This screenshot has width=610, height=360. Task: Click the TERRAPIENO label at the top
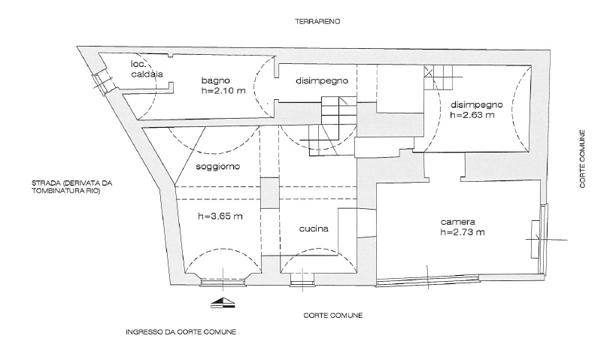(317, 23)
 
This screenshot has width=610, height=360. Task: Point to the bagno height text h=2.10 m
(222, 92)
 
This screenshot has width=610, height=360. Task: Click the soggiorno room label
(217, 165)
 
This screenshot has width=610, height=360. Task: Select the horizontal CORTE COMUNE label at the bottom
(333, 316)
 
